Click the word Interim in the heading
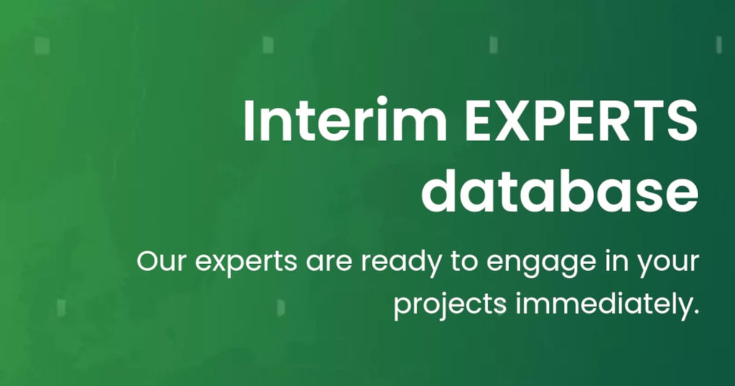(325, 120)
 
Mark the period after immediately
(695, 312)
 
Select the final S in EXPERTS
(683, 120)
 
